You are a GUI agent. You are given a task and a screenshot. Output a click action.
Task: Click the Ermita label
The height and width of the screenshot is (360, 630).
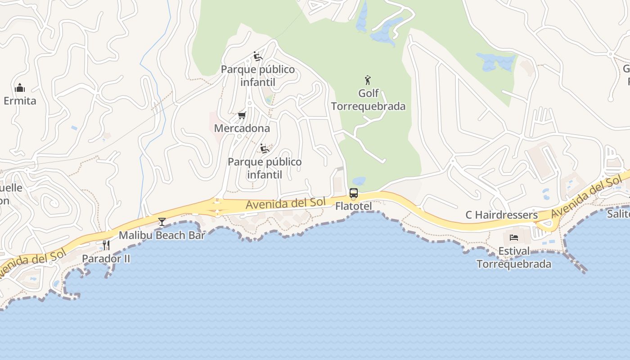pyautogui.click(x=20, y=100)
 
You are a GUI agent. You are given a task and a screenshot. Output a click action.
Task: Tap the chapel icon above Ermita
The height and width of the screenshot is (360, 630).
pyautogui.click(x=20, y=87)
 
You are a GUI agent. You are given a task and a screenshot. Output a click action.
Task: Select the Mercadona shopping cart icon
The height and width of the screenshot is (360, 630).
pyautogui.click(x=242, y=116)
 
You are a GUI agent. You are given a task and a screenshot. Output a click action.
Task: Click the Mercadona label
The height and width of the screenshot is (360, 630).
pyautogui.click(x=242, y=128)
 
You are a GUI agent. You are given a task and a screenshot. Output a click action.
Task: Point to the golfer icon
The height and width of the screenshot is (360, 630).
pyautogui.click(x=368, y=80)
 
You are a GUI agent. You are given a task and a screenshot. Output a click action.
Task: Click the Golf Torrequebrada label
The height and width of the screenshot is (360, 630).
pyautogui.click(x=368, y=100)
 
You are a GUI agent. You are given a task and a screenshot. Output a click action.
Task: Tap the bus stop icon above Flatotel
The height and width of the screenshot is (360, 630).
pyautogui.click(x=354, y=193)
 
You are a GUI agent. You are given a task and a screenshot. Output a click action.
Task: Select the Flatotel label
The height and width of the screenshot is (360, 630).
pyautogui.click(x=354, y=206)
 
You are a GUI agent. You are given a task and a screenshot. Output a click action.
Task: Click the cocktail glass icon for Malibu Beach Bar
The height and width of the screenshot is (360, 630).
pyautogui.click(x=162, y=222)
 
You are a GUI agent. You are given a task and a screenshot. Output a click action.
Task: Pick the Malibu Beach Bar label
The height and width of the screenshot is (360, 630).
pyautogui.click(x=162, y=235)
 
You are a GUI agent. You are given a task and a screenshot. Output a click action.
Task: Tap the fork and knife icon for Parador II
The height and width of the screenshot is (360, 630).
pyautogui.click(x=106, y=245)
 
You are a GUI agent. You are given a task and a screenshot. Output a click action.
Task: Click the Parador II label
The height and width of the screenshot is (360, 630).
pyautogui.click(x=106, y=259)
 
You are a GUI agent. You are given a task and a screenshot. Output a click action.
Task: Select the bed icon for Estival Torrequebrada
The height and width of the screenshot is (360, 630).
pyautogui.click(x=514, y=237)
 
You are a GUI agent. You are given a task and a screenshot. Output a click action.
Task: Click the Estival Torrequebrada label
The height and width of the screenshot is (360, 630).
pyautogui.click(x=514, y=257)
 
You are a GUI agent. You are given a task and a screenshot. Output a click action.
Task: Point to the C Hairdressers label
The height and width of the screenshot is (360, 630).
pyautogui.click(x=501, y=215)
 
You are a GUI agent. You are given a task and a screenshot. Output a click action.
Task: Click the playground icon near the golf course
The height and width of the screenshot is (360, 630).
pyautogui.click(x=258, y=56)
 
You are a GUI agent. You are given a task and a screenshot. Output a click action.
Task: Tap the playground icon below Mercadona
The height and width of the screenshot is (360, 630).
pyautogui.click(x=265, y=148)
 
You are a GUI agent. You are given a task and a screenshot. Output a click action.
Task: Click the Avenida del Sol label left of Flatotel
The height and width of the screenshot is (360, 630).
pyautogui.click(x=285, y=204)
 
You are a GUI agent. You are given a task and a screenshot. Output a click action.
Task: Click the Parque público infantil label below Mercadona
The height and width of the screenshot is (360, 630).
pyautogui.click(x=265, y=168)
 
